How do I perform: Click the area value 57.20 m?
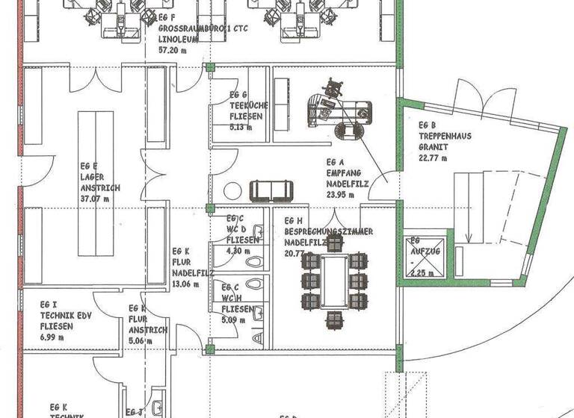[173, 50]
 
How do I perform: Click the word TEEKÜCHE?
[243, 105]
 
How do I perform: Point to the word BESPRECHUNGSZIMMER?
[328, 232]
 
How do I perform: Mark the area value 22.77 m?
[433, 157]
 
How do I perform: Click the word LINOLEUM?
[179, 40]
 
